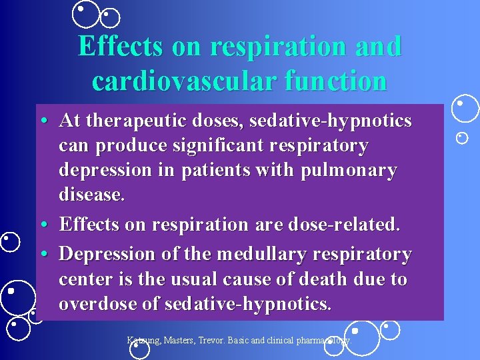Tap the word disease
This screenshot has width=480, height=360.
[x=91, y=195]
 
